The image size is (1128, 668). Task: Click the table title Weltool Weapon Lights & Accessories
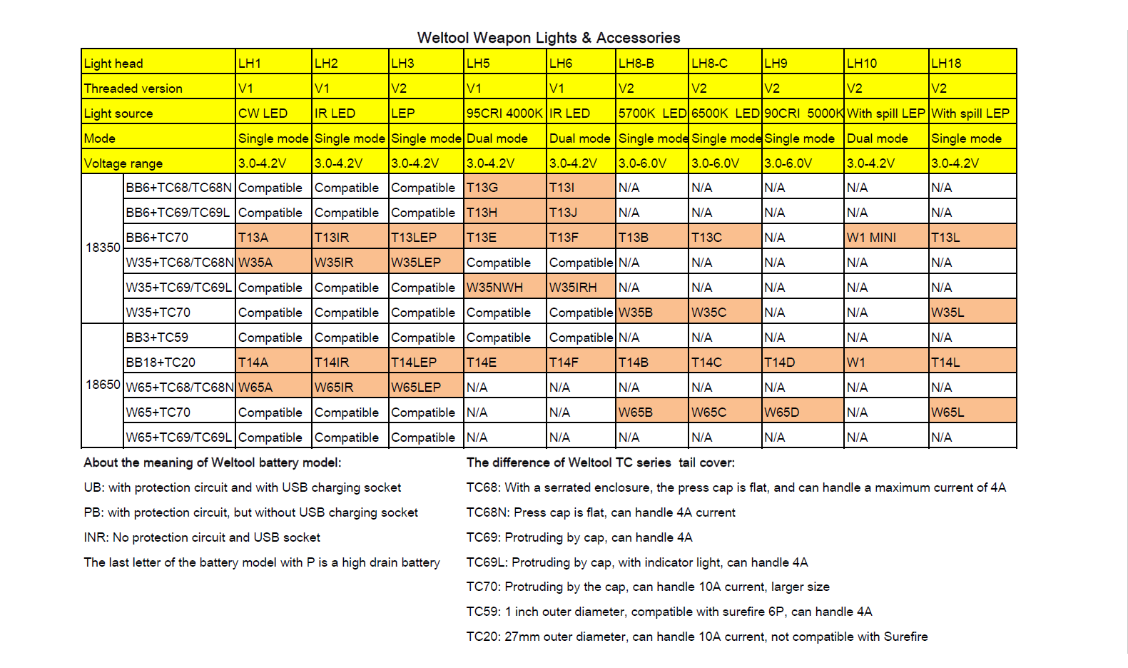pyautogui.click(x=548, y=38)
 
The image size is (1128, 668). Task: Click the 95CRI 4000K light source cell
pyautogui.click(x=504, y=113)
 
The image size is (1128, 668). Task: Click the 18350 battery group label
pyautogui.click(x=103, y=248)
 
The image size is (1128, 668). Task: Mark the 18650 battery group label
pyautogui.click(x=103, y=385)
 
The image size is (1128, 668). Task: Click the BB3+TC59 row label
pyautogui.click(x=157, y=337)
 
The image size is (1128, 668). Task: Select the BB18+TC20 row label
pyautogui.click(x=161, y=362)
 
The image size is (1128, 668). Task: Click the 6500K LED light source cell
pyautogui.click(x=725, y=113)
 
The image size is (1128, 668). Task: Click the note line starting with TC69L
pyautogui.click(x=636, y=562)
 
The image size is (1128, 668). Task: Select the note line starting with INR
pyautogui.click(x=202, y=537)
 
